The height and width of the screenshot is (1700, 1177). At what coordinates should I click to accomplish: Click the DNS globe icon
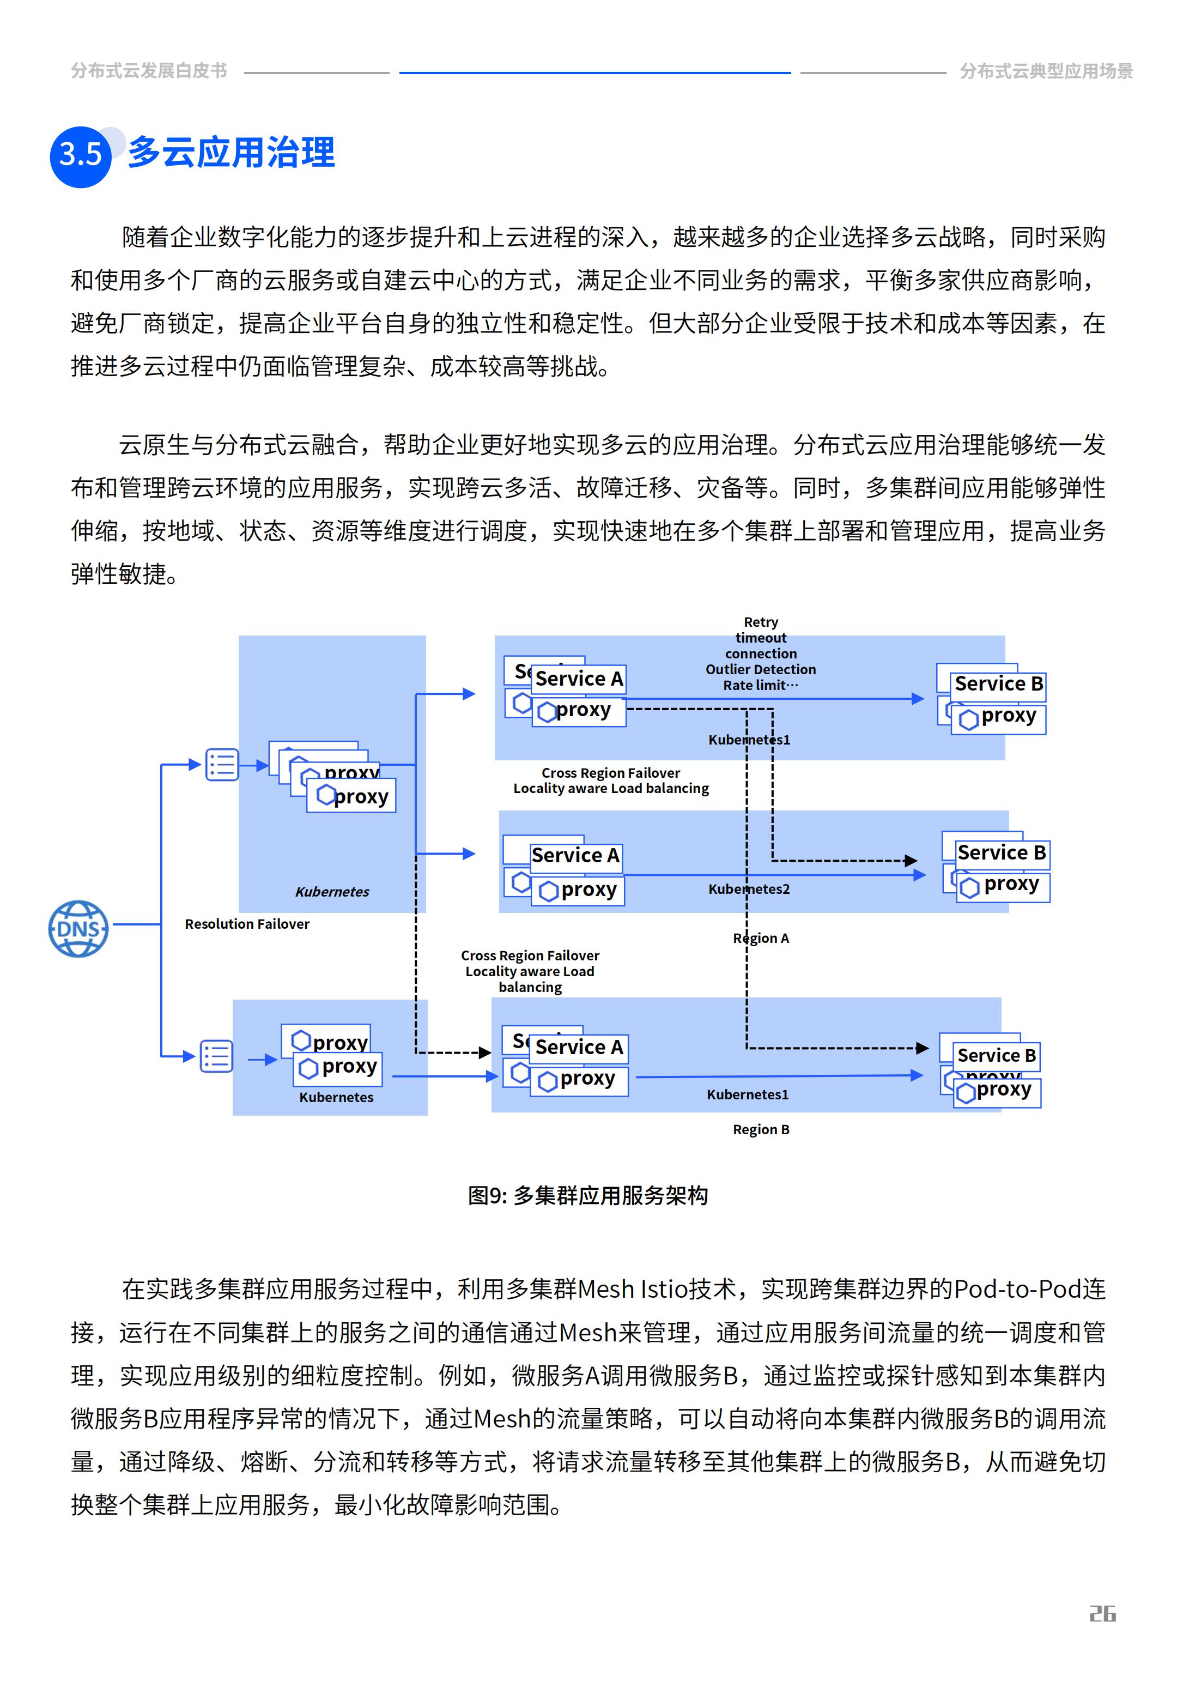[78, 929]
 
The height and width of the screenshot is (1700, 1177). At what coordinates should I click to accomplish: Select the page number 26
[1102, 1614]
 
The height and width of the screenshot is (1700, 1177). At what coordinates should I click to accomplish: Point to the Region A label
[760, 938]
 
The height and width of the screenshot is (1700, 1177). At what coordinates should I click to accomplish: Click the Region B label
[760, 1129]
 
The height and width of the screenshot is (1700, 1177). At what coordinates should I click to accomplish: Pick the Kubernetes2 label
[749, 889]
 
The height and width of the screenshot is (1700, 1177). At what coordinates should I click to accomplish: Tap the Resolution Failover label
[247, 923]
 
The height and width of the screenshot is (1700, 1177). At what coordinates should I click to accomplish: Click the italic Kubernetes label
[332, 891]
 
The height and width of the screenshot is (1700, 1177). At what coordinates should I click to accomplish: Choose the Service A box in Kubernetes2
[575, 856]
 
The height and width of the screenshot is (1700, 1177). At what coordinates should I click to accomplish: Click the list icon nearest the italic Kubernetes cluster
[222, 765]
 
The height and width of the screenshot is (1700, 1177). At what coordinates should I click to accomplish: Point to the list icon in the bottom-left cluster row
[216, 1056]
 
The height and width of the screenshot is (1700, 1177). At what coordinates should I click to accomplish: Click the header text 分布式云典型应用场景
[1046, 71]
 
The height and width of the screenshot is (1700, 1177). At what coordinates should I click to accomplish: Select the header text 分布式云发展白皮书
[149, 71]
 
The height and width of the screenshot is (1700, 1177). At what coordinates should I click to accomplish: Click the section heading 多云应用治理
[232, 153]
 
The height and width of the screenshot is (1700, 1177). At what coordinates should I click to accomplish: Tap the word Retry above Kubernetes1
[760, 622]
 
